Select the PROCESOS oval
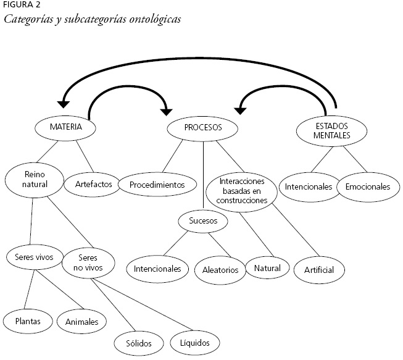(203, 128)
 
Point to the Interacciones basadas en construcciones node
(243, 191)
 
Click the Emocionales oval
(368, 186)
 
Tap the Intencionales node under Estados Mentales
(309, 186)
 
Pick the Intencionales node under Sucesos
(157, 269)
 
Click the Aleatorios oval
(220, 270)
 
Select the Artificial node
(318, 270)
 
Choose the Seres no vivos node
(88, 263)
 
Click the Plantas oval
(25, 321)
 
